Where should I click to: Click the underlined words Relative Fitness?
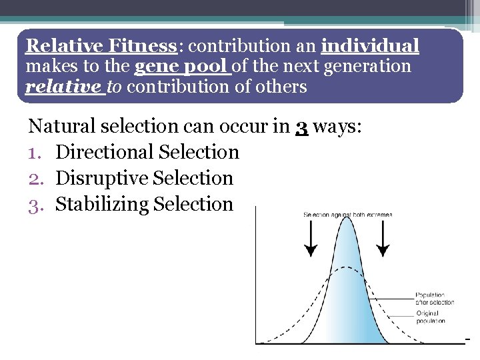click(101, 46)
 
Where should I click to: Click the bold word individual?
click(370, 46)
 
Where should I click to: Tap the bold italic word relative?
click(64, 87)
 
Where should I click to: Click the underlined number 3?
click(301, 126)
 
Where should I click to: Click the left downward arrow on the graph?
click(311, 239)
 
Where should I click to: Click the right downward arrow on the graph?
click(383, 239)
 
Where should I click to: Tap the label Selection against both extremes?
click(347, 215)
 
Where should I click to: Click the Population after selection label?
click(434, 298)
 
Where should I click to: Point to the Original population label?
click(431, 317)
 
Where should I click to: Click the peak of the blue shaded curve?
click(345, 221)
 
